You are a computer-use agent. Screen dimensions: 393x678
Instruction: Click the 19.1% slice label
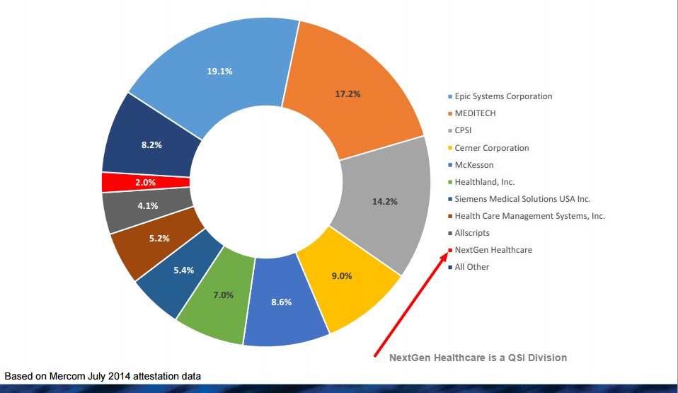click(x=219, y=72)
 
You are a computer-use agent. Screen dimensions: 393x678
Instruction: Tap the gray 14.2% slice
click(x=384, y=201)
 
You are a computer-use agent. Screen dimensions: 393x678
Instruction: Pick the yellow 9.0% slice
click(x=341, y=277)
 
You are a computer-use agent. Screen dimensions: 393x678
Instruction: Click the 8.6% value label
click(x=280, y=302)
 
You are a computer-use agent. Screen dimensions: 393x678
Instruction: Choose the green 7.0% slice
click(x=223, y=295)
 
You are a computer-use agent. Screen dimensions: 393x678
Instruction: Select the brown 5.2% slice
click(x=159, y=239)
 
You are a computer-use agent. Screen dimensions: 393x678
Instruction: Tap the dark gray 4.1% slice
click(x=148, y=207)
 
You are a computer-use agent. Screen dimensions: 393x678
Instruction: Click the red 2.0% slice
click(x=146, y=182)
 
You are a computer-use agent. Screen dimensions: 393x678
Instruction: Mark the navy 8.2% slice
click(x=151, y=144)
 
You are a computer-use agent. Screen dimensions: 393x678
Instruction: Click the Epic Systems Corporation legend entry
click(x=503, y=96)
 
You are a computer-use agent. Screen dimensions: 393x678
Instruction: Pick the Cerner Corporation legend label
click(x=491, y=148)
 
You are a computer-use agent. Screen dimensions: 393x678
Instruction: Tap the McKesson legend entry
click(x=474, y=165)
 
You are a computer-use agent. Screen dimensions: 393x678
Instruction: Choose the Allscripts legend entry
click(x=472, y=233)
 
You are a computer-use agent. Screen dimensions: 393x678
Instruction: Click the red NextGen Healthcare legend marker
click(x=449, y=250)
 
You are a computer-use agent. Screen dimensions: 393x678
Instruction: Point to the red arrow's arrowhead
click(x=447, y=254)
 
